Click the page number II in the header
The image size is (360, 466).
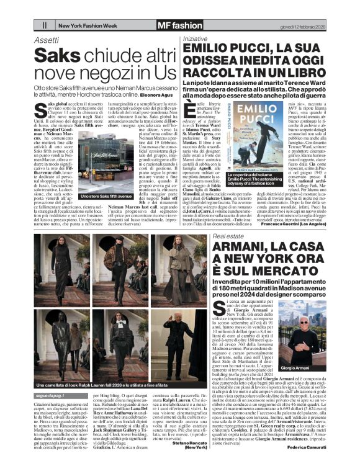(45, 25)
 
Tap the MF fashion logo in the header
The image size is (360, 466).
(179, 25)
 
